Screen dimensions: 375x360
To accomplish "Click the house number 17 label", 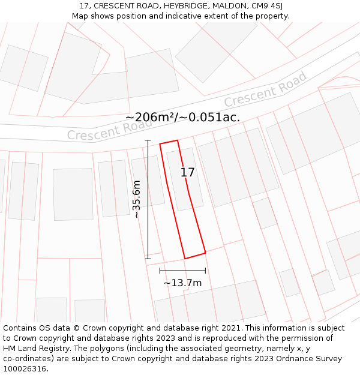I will click(x=188, y=172).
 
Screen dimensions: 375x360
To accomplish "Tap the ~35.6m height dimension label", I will click(x=137, y=199).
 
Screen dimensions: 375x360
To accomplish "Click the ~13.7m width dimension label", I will click(x=182, y=283).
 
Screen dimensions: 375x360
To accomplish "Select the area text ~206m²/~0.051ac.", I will click(x=183, y=117).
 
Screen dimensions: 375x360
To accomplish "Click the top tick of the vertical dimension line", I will click(x=148, y=140).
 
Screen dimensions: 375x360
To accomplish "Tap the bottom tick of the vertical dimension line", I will click(x=148, y=259).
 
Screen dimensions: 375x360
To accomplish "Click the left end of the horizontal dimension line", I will click(x=160, y=271).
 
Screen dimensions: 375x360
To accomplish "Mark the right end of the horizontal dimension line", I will click(x=205, y=271).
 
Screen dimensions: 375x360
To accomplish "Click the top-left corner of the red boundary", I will click(x=160, y=144).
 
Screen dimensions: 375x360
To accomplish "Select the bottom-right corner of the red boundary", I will click(x=206, y=253).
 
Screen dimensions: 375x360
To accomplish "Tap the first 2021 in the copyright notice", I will click(x=230, y=328).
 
